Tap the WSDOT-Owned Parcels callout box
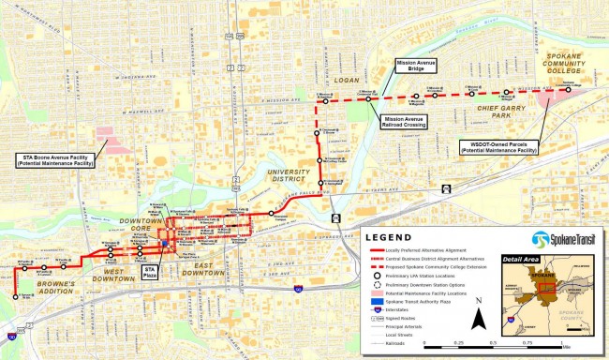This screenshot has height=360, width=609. (x=498, y=146)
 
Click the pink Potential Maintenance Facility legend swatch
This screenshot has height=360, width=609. (x=372, y=293)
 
